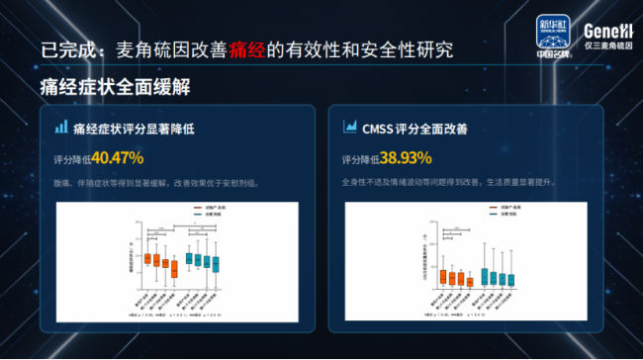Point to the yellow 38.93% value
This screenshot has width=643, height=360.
[407, 156]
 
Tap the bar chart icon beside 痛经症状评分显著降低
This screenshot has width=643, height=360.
[60, 128]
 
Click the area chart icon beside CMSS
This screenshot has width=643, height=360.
[349, 128]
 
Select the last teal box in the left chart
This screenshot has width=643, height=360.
[216, 263]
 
